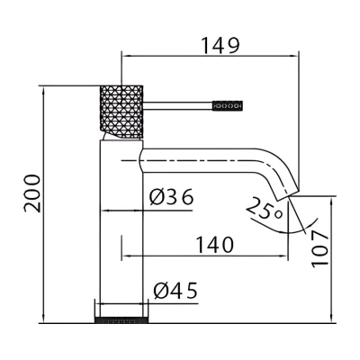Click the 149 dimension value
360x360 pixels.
coord(220,46)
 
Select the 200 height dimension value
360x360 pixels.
coord(32,193)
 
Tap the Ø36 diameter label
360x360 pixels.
coord(172,197)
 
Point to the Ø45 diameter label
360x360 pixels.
coord(175,291)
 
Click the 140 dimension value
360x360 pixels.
coord(215,245)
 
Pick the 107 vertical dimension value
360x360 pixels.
coord(319,248)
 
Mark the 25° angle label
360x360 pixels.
coord(265,209)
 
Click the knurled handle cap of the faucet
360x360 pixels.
coord(121,112)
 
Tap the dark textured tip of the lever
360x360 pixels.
coord(228,105)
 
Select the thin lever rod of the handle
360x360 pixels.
coord(177,105)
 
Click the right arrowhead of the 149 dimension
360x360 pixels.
coord(294,56)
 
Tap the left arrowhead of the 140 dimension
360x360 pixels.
coord(126,256)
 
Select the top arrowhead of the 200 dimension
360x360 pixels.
coord(44,91)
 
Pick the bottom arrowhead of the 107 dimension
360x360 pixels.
coord(331,319)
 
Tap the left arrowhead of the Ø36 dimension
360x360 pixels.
coord(104,211)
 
